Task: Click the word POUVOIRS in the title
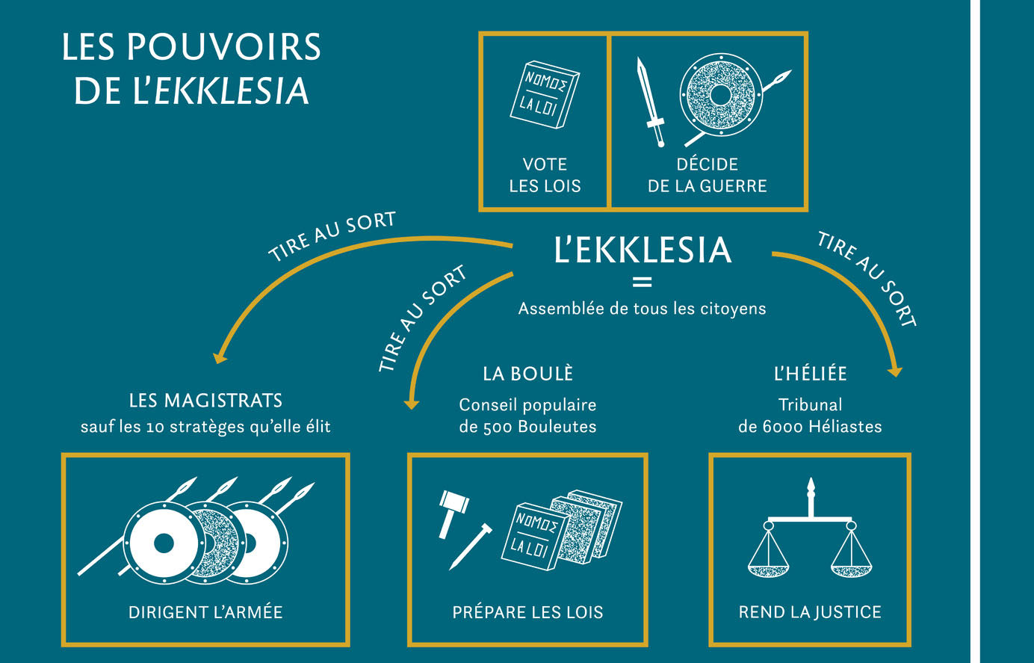223,47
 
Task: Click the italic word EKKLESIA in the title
231,91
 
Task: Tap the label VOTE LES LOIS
545,175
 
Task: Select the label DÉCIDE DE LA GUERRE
708,175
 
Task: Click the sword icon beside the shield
651,102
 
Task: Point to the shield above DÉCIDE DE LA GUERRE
720,95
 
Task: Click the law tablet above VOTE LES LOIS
545,95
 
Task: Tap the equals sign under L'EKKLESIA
642,282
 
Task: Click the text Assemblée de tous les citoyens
642,309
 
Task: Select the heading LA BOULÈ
527,374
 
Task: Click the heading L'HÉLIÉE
810,374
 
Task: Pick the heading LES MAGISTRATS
205,401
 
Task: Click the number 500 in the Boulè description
498,427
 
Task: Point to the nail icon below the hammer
471,546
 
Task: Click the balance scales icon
810,528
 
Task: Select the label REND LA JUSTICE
810,612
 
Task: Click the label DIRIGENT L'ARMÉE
205,612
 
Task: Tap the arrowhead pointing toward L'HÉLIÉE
895,372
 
